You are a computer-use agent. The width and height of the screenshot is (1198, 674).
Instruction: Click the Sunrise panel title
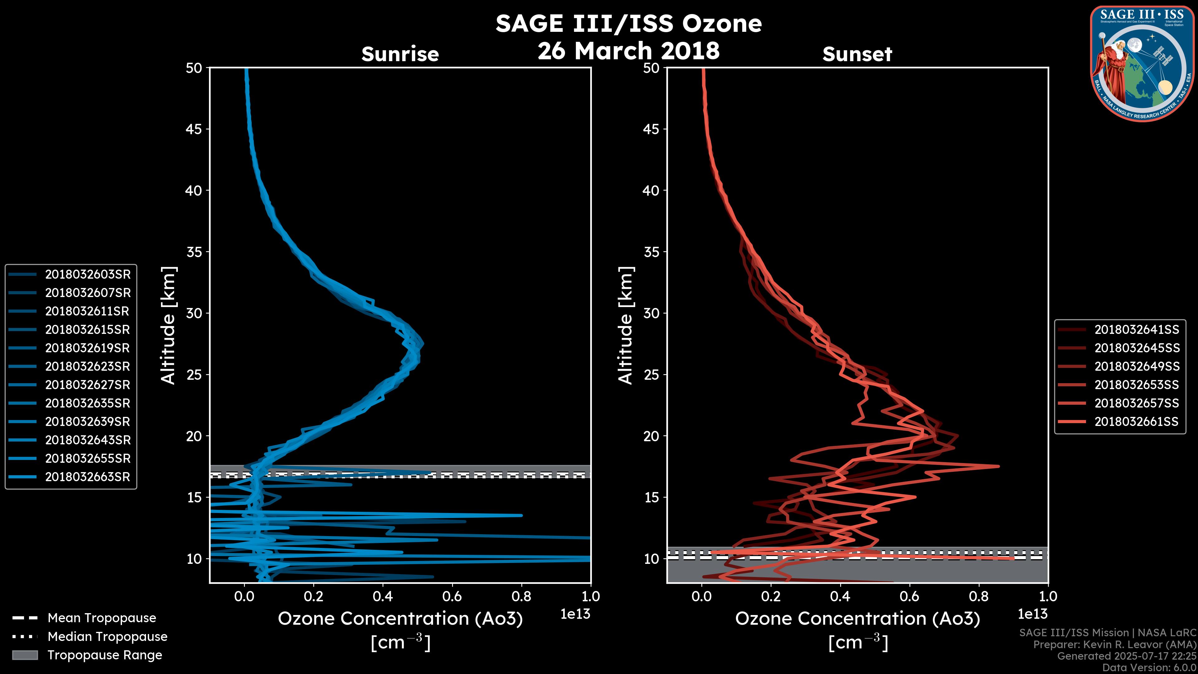coord(400,54)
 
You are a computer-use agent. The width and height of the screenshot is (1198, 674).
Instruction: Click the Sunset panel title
coord(857,54)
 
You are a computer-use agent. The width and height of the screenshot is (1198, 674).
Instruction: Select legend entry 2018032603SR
coord(87,275)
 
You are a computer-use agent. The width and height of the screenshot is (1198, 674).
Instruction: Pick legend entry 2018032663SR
coord(87,477)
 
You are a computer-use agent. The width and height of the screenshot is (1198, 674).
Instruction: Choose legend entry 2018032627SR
coord(87,385)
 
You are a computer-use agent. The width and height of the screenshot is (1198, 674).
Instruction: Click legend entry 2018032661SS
coord(1137,422)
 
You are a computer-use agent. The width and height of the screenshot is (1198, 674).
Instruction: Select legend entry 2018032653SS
coord(1137,385)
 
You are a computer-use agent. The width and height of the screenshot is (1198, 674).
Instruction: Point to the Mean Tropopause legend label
coord(102,618)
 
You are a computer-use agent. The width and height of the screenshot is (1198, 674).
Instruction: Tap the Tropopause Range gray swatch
coord(25,655)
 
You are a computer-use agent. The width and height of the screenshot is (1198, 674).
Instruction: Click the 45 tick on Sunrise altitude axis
coord(194,129)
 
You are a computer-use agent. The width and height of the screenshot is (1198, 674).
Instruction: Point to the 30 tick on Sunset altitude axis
coord(651,314)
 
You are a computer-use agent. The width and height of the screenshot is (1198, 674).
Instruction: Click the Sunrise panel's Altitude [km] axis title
coord(168,325)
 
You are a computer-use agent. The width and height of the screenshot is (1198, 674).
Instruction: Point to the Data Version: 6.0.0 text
coord(1150,668)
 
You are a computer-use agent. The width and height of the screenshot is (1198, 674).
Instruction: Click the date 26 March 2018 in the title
coord(628,51)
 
